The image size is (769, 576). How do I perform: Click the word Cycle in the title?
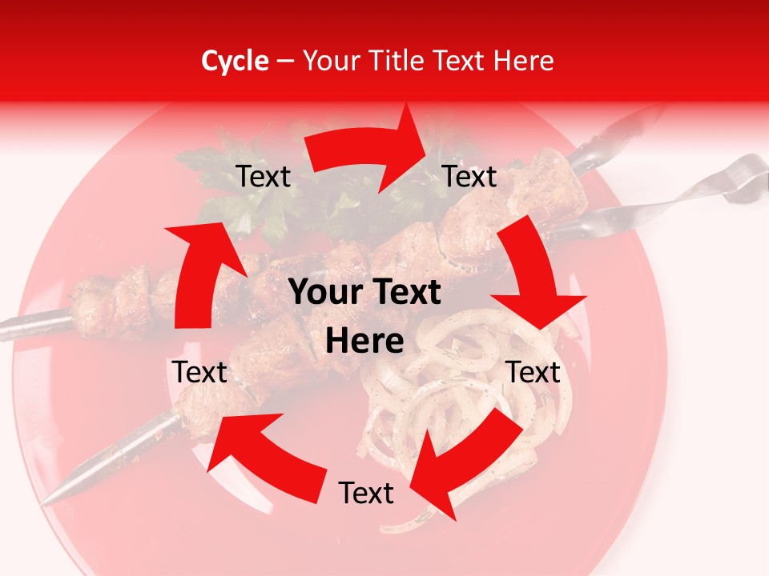click(x=235, y=61)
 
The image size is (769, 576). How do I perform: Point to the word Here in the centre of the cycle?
click(x=364, y=341)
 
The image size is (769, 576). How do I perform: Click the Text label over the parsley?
click(x=264, y=177)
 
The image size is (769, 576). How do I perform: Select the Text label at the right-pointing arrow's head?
click(x=469, y=177)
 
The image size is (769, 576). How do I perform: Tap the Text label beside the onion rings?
click(x=533, y=372)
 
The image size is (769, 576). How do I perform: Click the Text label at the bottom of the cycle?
click(x=366, y=494)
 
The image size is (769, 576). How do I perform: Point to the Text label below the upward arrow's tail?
click(x=200, y=372)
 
